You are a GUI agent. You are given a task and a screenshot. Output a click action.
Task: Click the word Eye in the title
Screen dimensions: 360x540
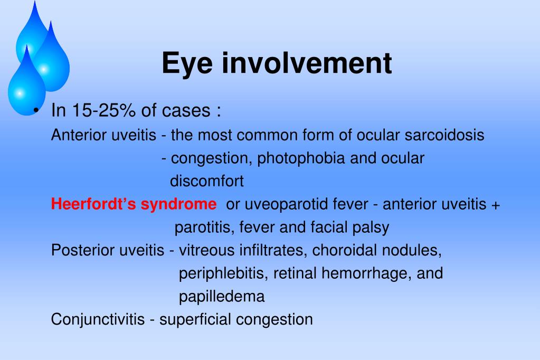(x=188, y=63)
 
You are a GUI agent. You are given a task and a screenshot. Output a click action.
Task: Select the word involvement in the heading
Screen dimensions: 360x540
(x=307, y=63)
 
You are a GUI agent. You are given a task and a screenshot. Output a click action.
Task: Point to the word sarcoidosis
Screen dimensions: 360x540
(x=444, y=135)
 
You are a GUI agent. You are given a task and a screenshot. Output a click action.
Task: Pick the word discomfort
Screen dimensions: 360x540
(x=206, y=182)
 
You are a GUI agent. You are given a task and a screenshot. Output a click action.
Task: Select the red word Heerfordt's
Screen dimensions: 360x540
(x=94, y=204)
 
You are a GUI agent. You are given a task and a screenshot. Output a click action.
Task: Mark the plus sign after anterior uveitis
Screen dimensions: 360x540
(x=495, y=205)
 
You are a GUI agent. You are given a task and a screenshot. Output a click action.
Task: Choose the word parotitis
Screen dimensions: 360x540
(x=205, y=228)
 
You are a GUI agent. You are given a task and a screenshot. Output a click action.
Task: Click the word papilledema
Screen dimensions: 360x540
(x=222, y=297)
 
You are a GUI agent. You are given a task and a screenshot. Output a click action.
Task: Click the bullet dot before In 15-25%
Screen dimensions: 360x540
(x=35, y=111)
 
